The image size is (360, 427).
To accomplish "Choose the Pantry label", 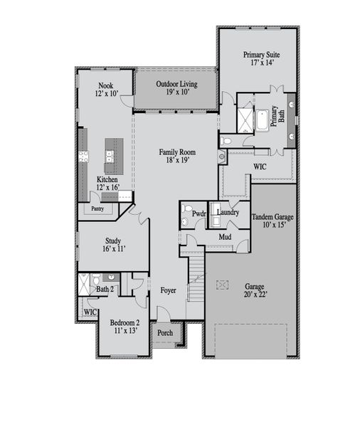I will [x=97, y=209].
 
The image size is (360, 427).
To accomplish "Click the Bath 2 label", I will [x=105, y=289].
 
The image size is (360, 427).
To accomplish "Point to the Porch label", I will [x=165, y=333].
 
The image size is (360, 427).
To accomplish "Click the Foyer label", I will [x=168, y=290].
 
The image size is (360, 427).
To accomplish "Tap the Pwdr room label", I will [x=198, y=212].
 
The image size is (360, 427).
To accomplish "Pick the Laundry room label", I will [x=228, y=212].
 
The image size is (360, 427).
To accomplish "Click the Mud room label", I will [x=225, y=237].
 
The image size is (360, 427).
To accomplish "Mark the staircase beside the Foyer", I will [x=196, y=280].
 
